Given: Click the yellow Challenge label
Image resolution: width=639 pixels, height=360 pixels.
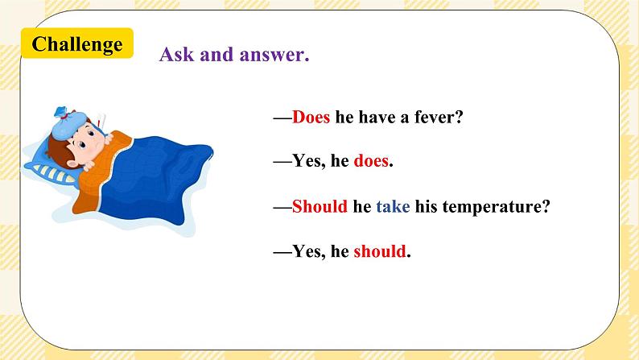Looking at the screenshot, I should [x=77, y=44].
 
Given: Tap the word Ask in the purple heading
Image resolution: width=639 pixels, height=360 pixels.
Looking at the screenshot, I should [x=175, y=55].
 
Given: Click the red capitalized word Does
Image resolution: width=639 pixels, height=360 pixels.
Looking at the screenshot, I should [x=311, y=117].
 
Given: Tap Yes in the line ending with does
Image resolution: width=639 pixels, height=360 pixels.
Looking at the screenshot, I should [x=306, y=161].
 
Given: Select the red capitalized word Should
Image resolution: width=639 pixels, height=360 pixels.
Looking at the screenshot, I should [x=319, y=206].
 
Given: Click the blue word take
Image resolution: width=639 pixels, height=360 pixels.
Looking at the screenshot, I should [x=393, y=206].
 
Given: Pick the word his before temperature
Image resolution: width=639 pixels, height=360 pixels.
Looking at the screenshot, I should [x=428, y=206].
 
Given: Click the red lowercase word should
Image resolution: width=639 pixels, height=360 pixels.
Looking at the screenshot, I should [x=380, y=251].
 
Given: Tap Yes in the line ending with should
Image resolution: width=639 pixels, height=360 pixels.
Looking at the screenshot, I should [x=306, y=251].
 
